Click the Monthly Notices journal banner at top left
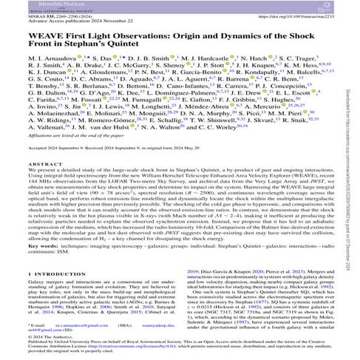click(44, 9)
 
